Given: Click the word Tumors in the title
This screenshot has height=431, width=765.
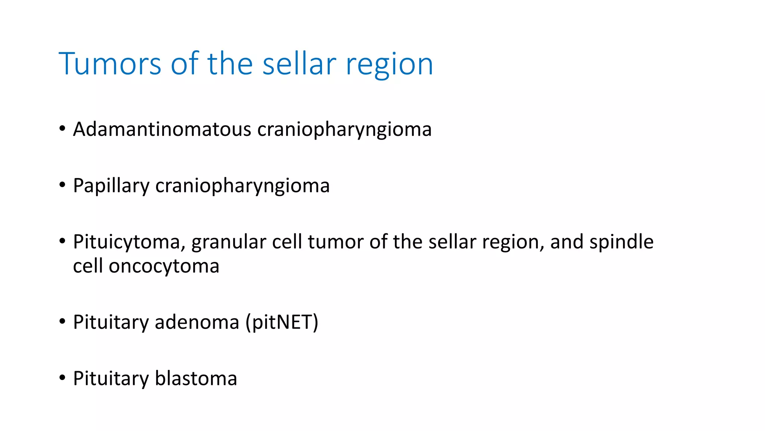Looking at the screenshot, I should tap(110, 64).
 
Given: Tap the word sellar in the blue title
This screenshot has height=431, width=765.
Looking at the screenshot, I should tap(299, 64).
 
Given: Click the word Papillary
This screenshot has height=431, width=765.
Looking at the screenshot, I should tap(111, 186).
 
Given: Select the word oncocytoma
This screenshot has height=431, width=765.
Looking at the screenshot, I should tap(164, 266).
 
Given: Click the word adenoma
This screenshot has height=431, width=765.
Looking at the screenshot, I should tap(197, 322).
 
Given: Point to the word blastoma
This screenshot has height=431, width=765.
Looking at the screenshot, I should tap(196, 378).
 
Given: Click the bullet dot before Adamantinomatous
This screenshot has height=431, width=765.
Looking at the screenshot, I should tap(62, 129).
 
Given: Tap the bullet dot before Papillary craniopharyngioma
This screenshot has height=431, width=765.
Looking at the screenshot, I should tap(62, 185).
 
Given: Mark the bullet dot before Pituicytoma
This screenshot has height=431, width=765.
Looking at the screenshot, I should tap(62, 241).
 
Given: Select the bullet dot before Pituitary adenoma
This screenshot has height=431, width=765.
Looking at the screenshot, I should tap(62, 321).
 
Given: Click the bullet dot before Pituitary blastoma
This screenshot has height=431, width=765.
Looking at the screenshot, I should tap(62, 377).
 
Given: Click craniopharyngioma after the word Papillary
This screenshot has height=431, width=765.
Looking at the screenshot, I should tap(242, 186).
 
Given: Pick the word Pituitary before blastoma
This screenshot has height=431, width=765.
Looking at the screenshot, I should tap(111, 378).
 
